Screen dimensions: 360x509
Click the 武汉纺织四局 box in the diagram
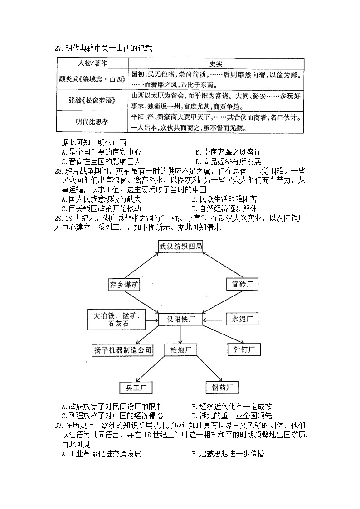(180, 246)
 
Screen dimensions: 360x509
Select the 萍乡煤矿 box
(125, 285)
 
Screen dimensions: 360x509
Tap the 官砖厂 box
(242, 284)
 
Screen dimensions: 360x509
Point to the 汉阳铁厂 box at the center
(180, 319)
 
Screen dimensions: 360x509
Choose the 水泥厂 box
(242, 319)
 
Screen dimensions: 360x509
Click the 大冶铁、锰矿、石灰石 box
(116, 319)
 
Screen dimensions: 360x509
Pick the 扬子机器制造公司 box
(122, 349)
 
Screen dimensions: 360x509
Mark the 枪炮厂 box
(180, 349)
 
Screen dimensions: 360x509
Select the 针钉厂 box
(244, 349)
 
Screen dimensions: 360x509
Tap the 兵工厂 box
(136, 388)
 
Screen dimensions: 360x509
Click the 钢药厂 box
(222, 388)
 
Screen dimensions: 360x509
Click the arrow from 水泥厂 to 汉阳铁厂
(215, 319)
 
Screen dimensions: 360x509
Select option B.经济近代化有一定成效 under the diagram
(232, 407)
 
